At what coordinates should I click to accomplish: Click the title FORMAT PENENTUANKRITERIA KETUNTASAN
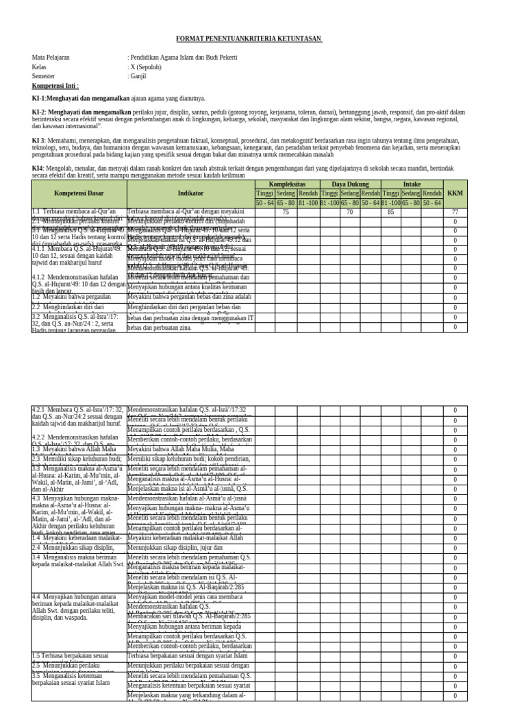(249, 39)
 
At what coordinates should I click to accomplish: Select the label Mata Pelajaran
(51, 58)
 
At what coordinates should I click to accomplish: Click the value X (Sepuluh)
(145, 67)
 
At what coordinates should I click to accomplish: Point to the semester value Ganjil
(138, 77)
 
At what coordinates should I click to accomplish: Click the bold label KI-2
(38, 111)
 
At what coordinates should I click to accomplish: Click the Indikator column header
(190, 194)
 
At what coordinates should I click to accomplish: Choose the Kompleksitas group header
(286, 184)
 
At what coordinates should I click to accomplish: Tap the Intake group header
(412, 184)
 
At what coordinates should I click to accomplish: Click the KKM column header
(455, 194)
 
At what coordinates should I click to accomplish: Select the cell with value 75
(286, 213)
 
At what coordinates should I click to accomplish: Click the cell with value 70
(349, 213)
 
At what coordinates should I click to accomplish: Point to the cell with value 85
(390, 213)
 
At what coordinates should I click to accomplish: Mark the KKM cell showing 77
(455, 213)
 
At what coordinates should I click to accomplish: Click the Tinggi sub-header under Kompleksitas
(264, 193)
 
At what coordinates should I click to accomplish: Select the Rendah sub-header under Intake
(432, 193)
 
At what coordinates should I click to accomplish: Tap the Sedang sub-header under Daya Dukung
(349, 193)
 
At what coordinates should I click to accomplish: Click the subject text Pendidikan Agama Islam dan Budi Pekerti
(184, 58)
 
